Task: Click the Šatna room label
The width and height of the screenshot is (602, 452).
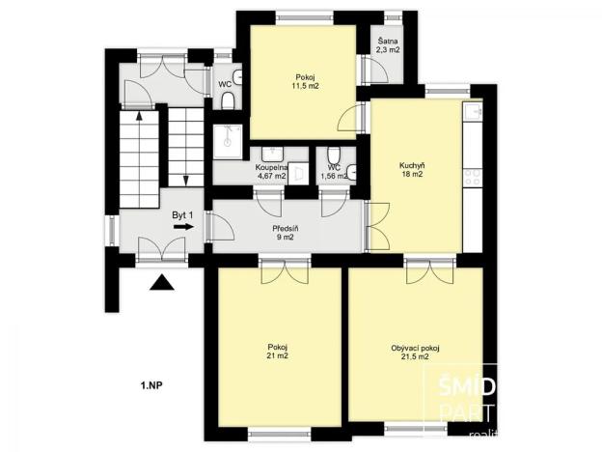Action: (387, 41)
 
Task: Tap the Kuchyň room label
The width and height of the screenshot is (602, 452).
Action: (412, 166)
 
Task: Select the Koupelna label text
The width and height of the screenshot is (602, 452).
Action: (270, 168)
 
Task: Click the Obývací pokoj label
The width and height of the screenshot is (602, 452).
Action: (415, 347)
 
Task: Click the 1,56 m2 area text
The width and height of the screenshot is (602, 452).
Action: (333, 176)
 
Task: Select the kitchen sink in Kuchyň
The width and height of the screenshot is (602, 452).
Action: (470, 113)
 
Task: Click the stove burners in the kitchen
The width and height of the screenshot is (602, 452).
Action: (473, 177)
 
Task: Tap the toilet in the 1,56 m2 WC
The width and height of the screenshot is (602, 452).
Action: (333, 155)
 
